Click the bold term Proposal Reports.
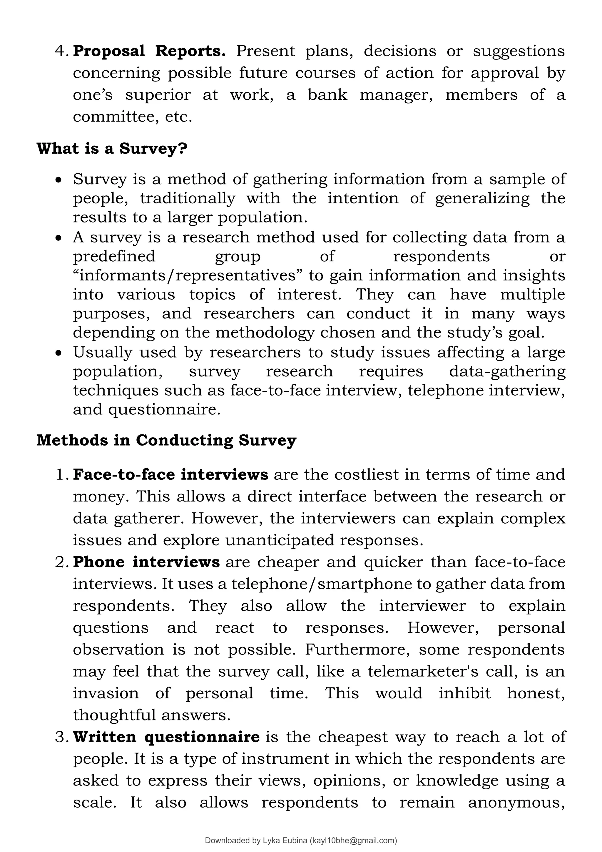[149, 51]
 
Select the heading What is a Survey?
[112, 148]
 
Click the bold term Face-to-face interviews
[170, 475]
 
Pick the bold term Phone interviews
[146, 562]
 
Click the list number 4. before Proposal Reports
[62, 51]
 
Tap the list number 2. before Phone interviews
[62, 562]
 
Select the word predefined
[114, 256]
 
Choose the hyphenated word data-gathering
[507, 371]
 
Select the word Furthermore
[357, 650]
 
